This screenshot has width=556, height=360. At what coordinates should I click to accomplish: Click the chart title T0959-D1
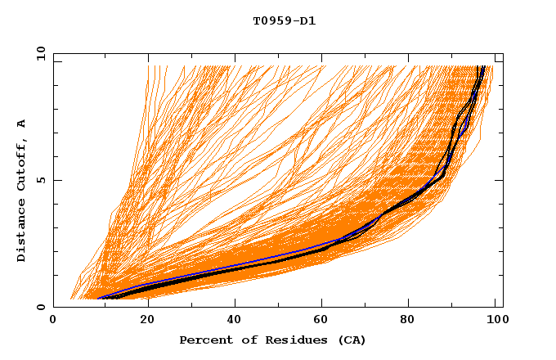pos(285,20)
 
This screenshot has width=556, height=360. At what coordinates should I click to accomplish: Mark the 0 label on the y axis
pos(40,307)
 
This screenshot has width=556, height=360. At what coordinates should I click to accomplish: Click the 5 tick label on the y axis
pos(40,180)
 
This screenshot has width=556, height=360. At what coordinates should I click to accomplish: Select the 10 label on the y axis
pos(38,53)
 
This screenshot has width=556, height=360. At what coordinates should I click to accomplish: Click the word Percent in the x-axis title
pos(203,340)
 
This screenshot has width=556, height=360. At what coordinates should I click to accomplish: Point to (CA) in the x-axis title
pos(350,340)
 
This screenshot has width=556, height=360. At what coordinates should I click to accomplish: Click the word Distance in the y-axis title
pos(21,232)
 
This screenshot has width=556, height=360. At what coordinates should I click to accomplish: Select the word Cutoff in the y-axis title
pos(21,162)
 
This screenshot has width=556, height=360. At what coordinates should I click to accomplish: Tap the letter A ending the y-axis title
pos(21,123)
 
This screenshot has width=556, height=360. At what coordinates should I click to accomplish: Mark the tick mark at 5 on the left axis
pos(56,180)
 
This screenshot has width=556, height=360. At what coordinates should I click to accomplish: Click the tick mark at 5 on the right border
pos(500,180)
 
